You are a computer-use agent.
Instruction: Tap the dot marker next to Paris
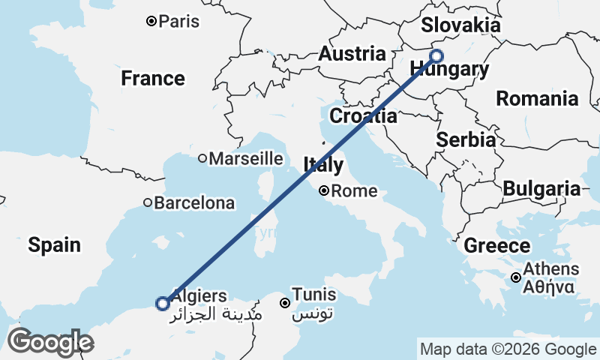click(x=151, y=21)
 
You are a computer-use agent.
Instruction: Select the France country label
click(x=153, y=78)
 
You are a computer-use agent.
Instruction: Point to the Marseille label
click(x=245, y=158)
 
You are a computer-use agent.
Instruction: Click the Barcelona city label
click(x=193, y=202)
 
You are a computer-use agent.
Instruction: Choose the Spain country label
click(x=54, y=244)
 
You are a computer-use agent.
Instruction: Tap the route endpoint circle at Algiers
click(x=162, y=303)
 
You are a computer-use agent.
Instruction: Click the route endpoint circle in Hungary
click(x=436, y=55)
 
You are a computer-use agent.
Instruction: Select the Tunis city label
click(x=314, y=295)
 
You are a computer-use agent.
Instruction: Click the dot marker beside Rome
click(x=324, y=190)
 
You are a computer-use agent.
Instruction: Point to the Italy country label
click(x=323, y=164)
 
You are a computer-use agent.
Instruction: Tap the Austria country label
click(x=352, y=54)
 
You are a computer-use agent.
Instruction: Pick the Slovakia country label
click(x=460, y=25)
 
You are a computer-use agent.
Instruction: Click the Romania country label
click(x=537, y=98)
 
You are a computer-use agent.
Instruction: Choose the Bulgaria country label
click(x=541, y=189)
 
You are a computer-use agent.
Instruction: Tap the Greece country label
click(x=496, y=246)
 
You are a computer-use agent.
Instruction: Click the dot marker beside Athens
click(x=517, y=277)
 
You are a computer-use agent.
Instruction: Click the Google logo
click(x=50, y=342)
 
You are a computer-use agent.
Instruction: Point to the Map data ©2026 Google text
click(x=507, y=349)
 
